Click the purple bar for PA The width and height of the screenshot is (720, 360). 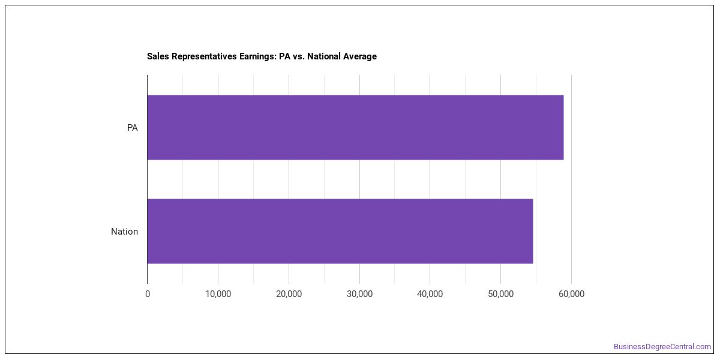355,127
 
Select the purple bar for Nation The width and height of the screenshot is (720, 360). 340,231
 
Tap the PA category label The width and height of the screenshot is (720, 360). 132,128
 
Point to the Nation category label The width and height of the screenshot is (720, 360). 124,232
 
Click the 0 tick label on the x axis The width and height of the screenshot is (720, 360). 148,294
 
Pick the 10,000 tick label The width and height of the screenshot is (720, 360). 218,294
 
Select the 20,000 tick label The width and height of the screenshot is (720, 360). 289,294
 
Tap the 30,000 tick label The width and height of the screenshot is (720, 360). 359,294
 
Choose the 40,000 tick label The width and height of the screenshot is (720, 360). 430,294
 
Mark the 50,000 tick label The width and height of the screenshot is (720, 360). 501,294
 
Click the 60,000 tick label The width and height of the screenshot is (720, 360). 571,294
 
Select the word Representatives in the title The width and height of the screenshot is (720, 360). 204,56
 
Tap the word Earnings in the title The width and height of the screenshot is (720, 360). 258,56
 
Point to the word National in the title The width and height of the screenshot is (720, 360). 323,56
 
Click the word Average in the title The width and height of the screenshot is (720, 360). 359,56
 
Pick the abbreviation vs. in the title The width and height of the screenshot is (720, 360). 299,57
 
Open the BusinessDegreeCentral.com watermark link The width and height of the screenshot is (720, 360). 662,347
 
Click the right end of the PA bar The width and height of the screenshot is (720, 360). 563,127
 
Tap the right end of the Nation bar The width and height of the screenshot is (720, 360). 533,231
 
